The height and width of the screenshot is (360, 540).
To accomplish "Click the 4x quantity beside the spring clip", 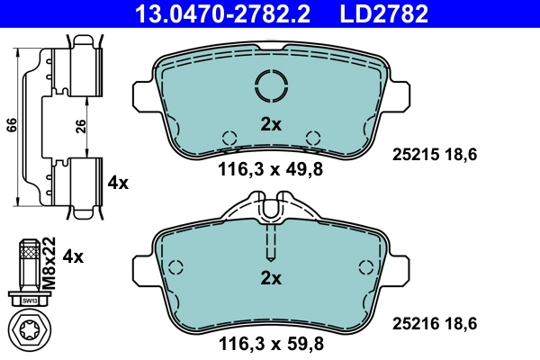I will tap(118, 183).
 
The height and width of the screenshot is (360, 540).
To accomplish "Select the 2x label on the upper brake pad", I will tap(271, 125).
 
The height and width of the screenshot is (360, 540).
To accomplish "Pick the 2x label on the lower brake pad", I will tap(271, 278).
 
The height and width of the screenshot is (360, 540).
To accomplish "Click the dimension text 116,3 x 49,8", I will tap(271, 168).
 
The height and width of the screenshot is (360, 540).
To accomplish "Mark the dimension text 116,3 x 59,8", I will tap(271, 342).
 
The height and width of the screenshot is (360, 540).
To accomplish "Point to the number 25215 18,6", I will tap(435, 155).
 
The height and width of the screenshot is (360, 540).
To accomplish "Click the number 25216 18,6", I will tap(435, 321).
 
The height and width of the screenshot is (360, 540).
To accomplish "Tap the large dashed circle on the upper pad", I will tap(271, 86).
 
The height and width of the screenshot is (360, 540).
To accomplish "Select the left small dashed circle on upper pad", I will tap(229, 138).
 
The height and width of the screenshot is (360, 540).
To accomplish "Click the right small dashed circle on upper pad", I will tap(313, 138).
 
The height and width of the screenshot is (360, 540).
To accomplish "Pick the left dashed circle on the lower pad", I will tap(176, 267).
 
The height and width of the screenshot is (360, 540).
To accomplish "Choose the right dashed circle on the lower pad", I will tap(365, 267).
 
